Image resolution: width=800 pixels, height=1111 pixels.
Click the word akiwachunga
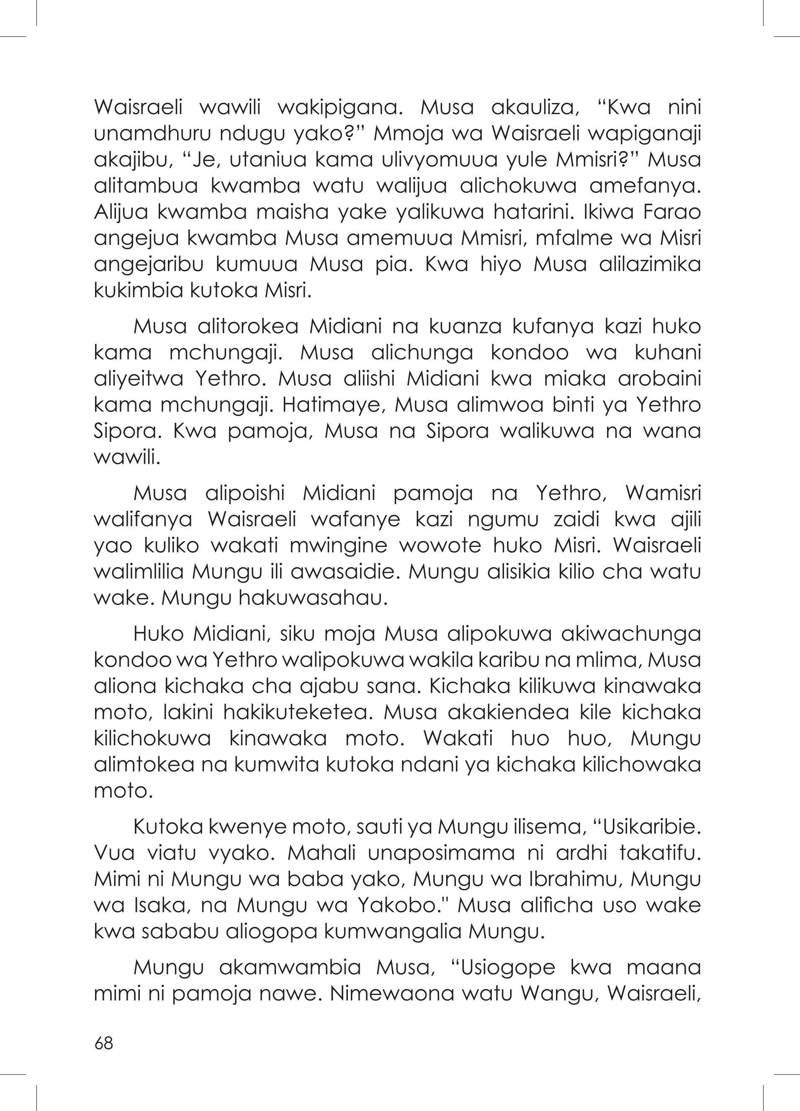(x=630, y=634)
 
